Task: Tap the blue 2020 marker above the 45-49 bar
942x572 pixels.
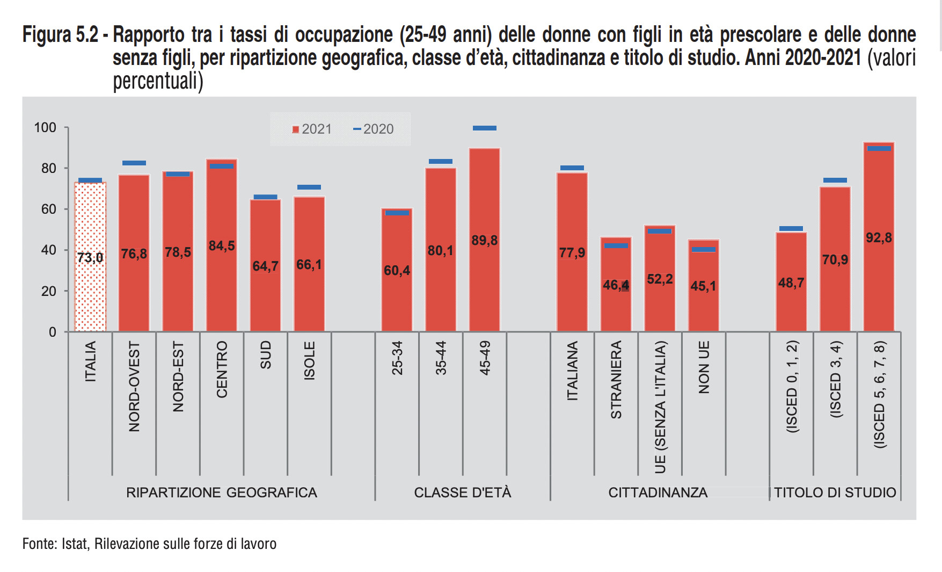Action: coord(485,128)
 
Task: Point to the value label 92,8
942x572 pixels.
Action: coord(879,237)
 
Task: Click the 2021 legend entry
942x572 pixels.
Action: coord(312,129)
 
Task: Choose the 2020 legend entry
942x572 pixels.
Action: coord(374,129)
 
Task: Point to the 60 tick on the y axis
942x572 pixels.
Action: coord(49,209)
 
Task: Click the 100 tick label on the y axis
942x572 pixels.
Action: coord(45,128)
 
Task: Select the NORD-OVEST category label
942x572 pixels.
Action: coord(134,386)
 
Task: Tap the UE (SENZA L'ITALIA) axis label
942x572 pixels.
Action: coord(660,407)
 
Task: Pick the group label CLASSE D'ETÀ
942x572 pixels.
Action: coord(463,493)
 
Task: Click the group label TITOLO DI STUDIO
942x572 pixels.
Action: coord(835,493)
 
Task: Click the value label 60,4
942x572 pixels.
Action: coord(397,270)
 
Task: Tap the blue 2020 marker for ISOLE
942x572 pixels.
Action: coord(309,187)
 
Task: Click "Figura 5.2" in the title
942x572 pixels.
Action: coord(60,35)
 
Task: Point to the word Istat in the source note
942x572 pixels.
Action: coord(74,544)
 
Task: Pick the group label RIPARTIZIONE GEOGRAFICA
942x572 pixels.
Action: coord(221,493)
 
